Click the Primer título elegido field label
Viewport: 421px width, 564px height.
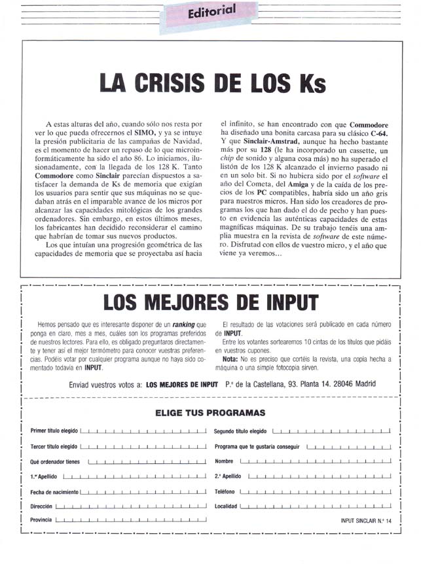pos(54,431)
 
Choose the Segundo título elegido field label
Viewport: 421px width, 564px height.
pos(240,431)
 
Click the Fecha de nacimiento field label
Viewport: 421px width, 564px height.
pos(54,491)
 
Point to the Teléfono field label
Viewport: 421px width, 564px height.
pos(225,491)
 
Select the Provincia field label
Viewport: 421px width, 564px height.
pos(41,521)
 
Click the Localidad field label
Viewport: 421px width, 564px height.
pos(226,506)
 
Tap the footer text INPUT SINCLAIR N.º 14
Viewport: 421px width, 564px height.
pos(365,521)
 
